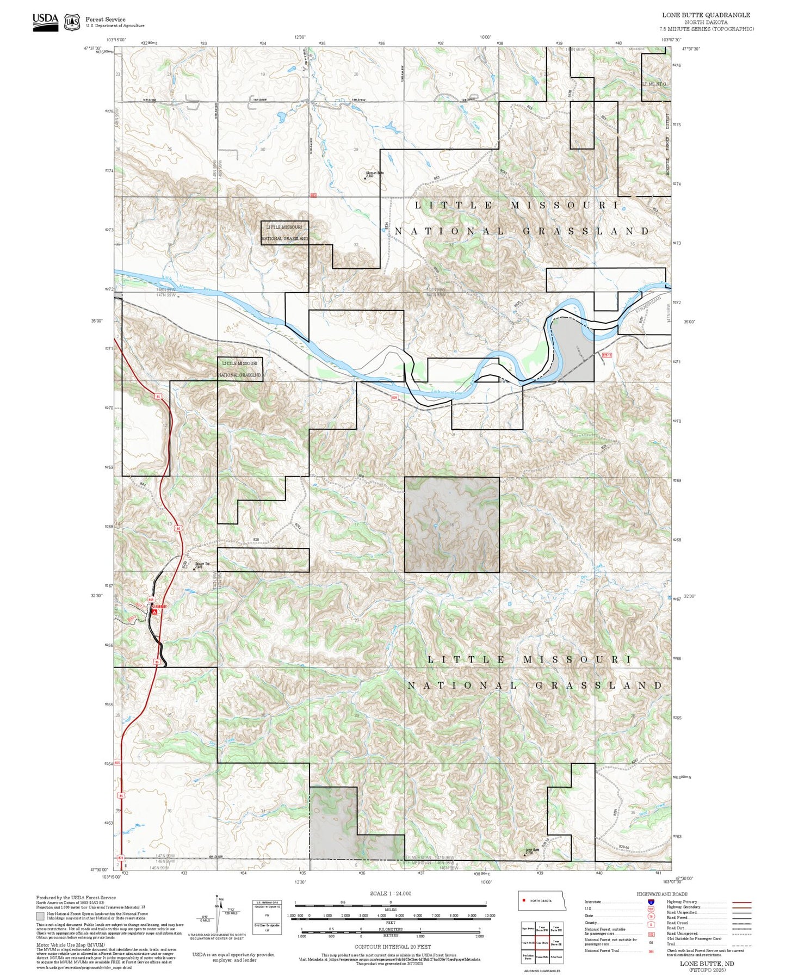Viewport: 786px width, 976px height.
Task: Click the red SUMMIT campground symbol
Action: (154, 611)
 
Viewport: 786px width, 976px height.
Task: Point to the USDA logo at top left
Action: (45, 22)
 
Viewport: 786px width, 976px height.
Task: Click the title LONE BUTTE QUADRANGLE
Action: (705, 15)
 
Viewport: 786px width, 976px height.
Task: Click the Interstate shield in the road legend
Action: (651, 902)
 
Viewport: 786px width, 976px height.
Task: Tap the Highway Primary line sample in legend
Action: (741, 902)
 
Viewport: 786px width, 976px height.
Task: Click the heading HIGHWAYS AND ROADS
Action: (661, 894)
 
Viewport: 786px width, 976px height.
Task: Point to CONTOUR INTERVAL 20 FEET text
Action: (392, 947)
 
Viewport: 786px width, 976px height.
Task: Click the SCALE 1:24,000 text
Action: (390, 893)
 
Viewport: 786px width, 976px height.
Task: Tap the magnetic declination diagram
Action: (218, 914)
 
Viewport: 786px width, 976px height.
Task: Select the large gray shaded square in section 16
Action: (451, 524)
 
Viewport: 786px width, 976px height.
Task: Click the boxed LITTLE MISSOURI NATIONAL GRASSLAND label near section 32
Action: (284, 232)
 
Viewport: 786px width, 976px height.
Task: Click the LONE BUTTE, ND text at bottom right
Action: (706, 963)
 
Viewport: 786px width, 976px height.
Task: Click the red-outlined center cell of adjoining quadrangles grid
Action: (542, 943)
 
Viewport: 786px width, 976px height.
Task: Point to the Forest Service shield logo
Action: (71, 22)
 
